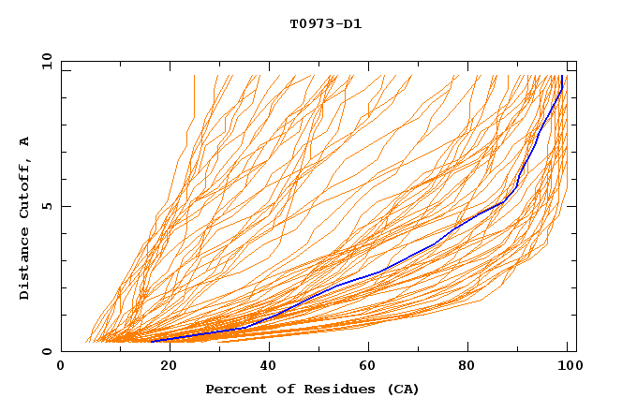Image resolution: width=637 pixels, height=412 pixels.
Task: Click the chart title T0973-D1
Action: [325, 23]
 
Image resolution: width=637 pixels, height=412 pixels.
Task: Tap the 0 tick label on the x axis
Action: [61, 366]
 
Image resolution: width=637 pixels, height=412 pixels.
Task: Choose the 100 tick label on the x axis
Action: [569, 366]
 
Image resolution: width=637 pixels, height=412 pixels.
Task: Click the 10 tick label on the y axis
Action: [46, 61]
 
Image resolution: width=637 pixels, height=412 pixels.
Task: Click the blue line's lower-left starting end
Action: [151, 341]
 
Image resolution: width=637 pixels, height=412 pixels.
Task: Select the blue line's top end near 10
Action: [561, 76]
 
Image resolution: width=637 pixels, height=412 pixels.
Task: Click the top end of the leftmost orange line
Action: [194, 76]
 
